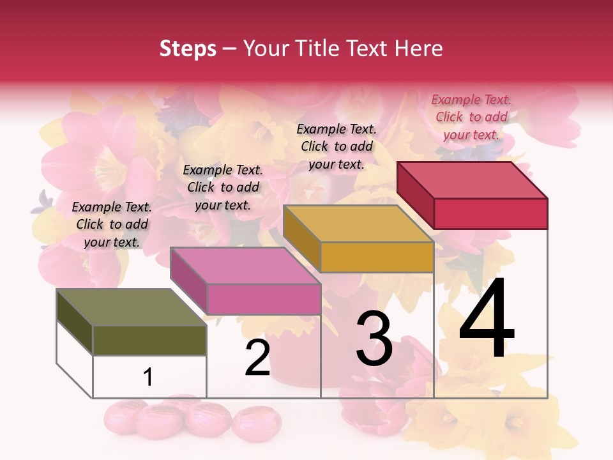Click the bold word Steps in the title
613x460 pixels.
click(x=188, y=49)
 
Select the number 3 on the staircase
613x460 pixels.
click(x=374, y=339)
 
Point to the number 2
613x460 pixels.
click(x=257, y=358)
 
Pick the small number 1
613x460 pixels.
click(x=148, y=377)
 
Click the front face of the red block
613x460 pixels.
click(x=490, y=213)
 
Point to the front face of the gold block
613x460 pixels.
click(x=377, y=257)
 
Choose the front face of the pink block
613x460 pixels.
click(x=263, y=299)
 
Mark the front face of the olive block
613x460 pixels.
click(x=149, y=340)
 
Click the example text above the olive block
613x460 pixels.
click(x=112, y=224)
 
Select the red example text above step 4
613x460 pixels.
click(x=471, y=117)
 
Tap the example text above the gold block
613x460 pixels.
click(x=337, y=146)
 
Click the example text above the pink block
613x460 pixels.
click(x=223, y=187)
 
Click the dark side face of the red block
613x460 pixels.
click(x=415, y=195)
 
